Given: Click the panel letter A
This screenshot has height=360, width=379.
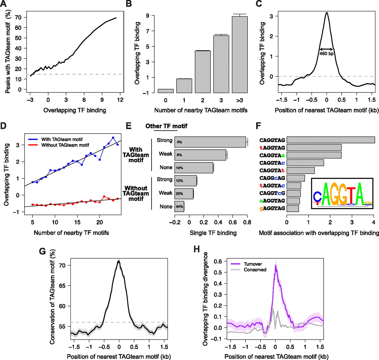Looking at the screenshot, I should pyautogui.click(x=4, y=4).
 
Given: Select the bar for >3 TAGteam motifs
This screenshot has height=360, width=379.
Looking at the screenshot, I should pyautogui.click(x=240, y=55).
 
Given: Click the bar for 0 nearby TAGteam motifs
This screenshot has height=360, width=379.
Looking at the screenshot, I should pyautogui.click(x=166, y=91).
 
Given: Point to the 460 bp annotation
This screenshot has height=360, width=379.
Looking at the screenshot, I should pyautogui.click(x=326, y=54).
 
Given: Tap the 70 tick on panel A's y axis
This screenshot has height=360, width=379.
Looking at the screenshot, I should pyautogui.click(x=18, y=17).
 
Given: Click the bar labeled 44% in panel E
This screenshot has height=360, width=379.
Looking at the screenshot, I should pyautogui.click(x=179, y=207).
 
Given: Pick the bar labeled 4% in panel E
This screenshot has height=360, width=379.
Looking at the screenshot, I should pyautogui.click(x=210, y=142).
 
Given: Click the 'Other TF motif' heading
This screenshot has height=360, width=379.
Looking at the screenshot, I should pyautogui.click(x=166, y=126).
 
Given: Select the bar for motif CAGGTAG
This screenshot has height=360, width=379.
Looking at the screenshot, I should pyautogui.click(x=330, y=140).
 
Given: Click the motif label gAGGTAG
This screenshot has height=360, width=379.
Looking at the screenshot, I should pyautogui.click(x=272, y=208).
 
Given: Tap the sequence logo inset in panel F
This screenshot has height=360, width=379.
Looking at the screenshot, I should pyautogui.click(x=342, y=193).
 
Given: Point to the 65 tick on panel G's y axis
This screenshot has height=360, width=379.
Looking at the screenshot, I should pyautogui.click(x=62, y=286).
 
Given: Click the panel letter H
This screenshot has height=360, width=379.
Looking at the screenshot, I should pyautogui.click(x=197, y=249).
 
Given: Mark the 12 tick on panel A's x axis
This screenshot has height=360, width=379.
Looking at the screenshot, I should pyautogui.click(x=120, y=100).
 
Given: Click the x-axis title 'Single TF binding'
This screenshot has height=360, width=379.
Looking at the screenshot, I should pyautogui.click(x=213, y=233).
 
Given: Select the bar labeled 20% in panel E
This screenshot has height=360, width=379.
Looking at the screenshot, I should pyautogui.click(x=184, y=193).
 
